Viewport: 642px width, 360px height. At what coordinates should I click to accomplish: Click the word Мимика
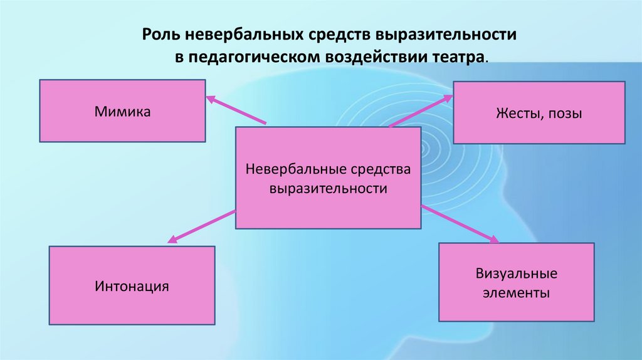[x=123, y=112]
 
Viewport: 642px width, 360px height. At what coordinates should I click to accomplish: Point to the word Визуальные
[x=516, y=274]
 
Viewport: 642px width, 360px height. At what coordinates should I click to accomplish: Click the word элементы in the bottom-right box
[x=516, y=292]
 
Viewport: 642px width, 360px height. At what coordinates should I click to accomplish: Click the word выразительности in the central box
[x=328, y=188]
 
